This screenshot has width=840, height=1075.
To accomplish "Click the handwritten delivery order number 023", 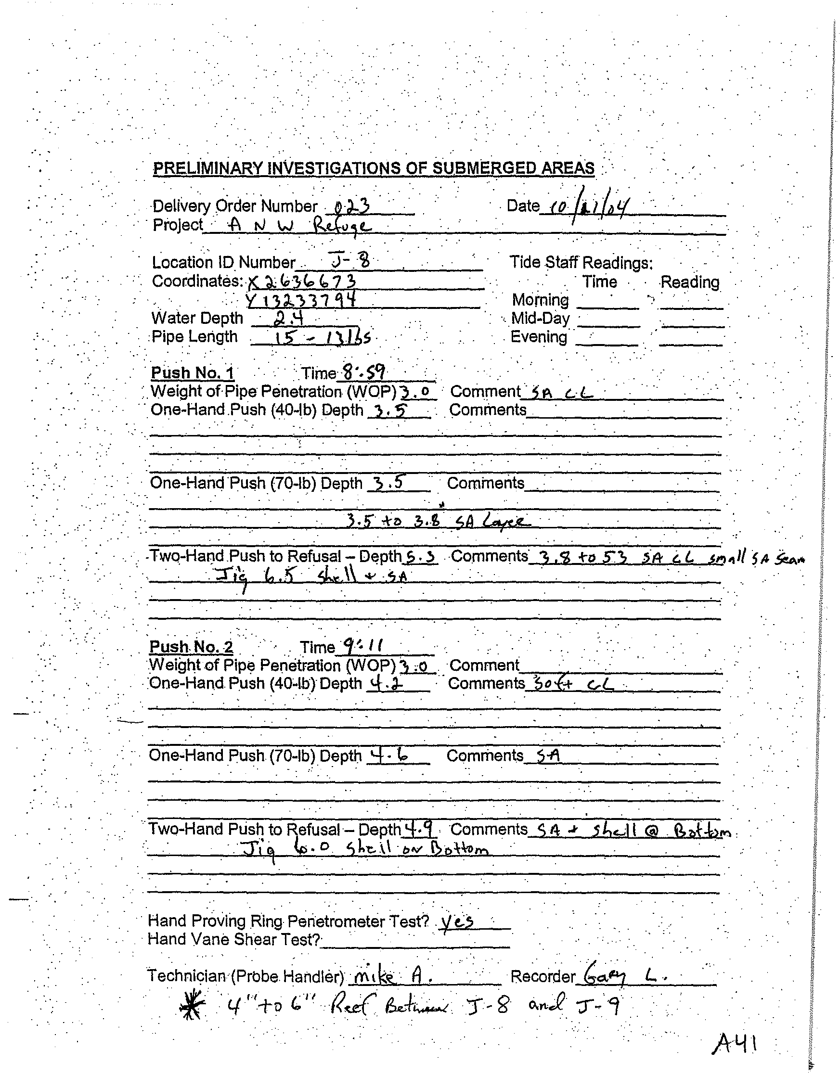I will pyautogui.click(x=352, y=206).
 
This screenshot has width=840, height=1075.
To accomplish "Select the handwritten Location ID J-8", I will pyautogui.click(x=350, y=260).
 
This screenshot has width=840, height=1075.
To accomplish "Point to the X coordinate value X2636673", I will pyautogui.click(x=302, y=281).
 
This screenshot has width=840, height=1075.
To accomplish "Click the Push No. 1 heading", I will pyautogui.click(x=193, y=372).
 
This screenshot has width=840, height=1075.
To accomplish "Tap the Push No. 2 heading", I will pyautogui.click(x=191, y=646).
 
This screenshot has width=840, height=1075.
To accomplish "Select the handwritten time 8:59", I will pyautogui.click(x=364, y=372).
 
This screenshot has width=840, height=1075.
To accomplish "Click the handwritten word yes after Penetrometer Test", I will pyautogui.click(x=457, y=920).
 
